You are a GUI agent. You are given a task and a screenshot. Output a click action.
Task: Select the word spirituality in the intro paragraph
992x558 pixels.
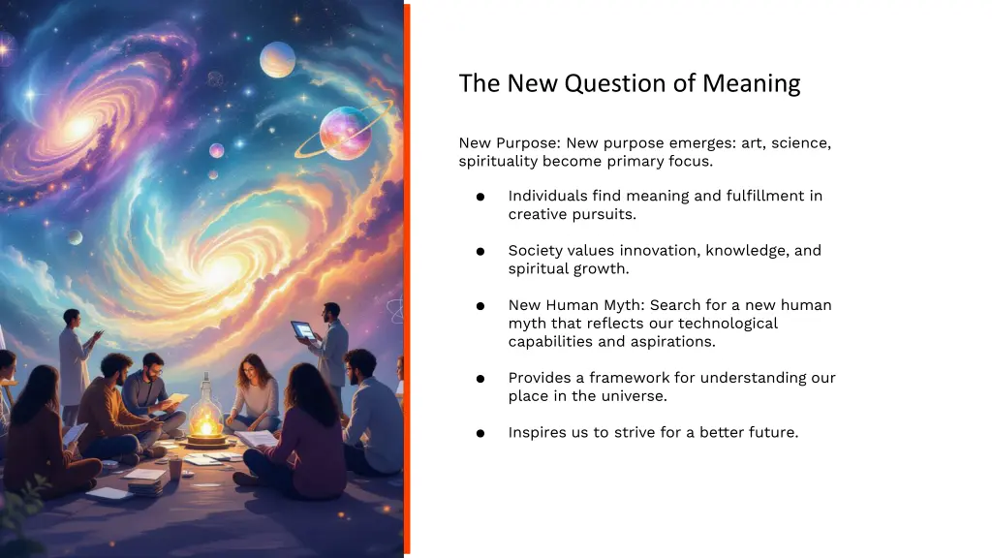click(x=498, y=161)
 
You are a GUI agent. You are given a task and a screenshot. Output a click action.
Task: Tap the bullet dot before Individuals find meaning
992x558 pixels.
click(x=480, y=197)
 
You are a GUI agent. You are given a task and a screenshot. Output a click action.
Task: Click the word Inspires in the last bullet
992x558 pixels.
click(x=537, y=433)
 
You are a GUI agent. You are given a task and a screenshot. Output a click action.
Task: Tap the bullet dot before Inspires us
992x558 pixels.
click(x=480, y=433)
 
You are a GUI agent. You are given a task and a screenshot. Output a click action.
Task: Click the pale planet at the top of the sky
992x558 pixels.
click(x=277, y=59)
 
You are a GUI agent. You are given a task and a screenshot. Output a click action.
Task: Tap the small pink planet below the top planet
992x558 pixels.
click(x=217, y=150)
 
